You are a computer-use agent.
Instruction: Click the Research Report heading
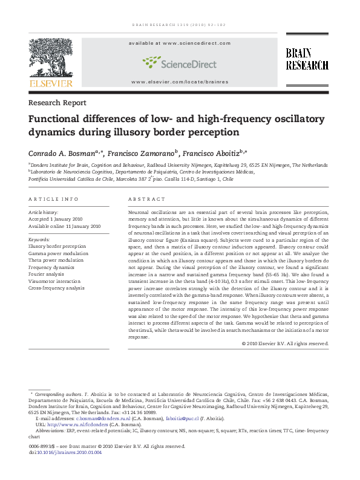pyautogui.click(x=57, y=103)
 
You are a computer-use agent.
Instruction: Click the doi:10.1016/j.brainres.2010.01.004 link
pyautogui.click(x=70, y=452)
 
